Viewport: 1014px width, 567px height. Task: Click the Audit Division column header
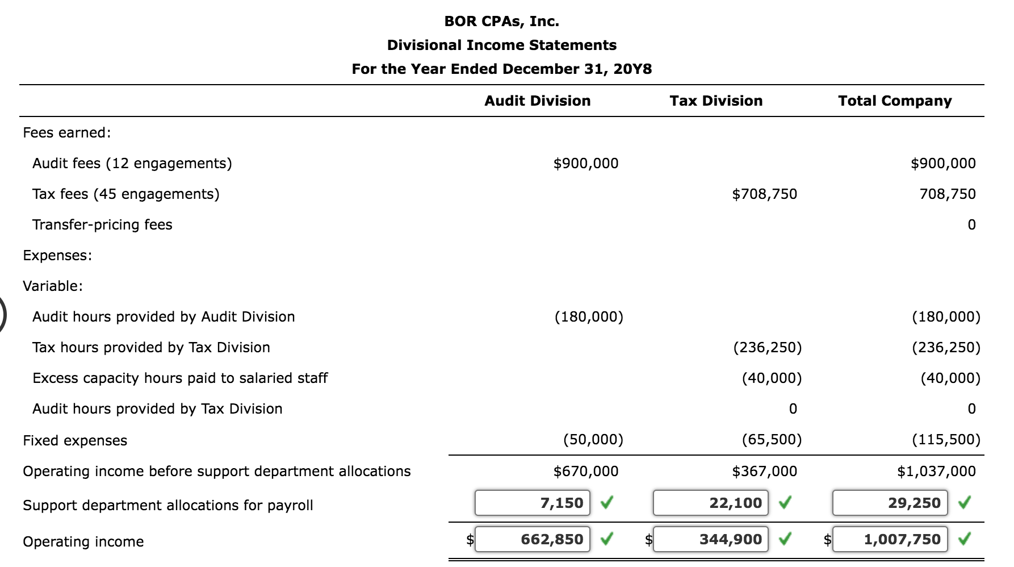[x=537, y=101]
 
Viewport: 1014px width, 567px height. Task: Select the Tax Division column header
[x=716, y=101]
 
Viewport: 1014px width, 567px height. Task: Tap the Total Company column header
[x=895, y=101]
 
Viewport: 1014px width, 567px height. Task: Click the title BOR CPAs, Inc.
[x=501, y=22]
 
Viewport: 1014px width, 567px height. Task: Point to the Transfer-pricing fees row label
[x=102, y=225]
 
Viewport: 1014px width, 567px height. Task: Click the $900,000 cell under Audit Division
[x=585, y=164]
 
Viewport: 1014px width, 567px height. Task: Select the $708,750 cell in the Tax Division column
[x=764, y=194]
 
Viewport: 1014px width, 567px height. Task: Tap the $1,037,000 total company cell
[x=936, y=472]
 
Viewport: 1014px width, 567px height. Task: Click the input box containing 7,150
[x=532, y=503]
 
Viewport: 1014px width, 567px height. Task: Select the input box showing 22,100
[x=710, y=503]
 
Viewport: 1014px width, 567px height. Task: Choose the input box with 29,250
[x=890, y=503]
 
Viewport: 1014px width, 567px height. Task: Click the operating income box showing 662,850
[x=532, y=539]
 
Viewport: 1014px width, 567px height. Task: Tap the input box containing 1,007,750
[x=890, y=539]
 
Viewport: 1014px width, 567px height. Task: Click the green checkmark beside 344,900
[x=785, y=539]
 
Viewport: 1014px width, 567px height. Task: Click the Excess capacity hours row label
[x=180, y=378]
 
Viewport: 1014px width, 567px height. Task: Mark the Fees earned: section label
[x=67, y=133]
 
